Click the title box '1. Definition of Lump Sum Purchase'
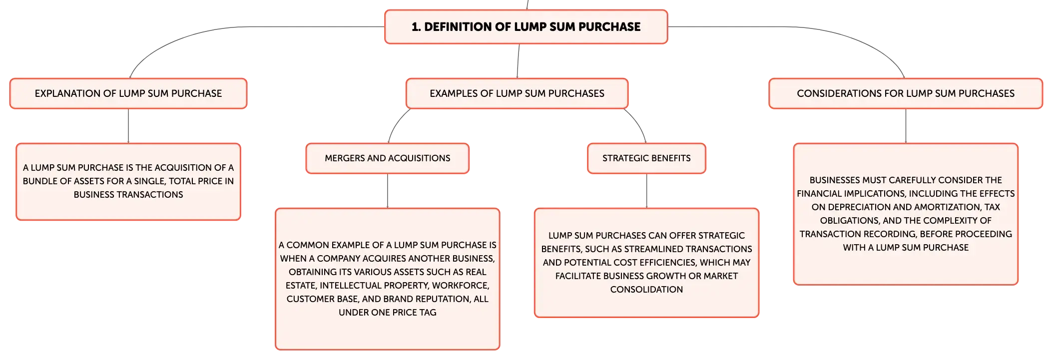pos(526,27)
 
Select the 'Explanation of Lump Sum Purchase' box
pos(128,93)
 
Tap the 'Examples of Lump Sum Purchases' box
pos(517,93)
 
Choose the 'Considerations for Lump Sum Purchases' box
pos(906,93)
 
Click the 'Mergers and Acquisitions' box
pos(388,158)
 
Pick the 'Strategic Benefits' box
pos(646,158)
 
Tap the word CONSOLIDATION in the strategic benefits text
pos(646,290)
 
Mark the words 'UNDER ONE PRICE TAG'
pos(388,313)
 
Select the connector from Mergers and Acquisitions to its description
pos(388,191)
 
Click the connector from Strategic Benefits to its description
pos(647,191)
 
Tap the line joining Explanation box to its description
pos(128,126)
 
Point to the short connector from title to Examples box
pos(518,61)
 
